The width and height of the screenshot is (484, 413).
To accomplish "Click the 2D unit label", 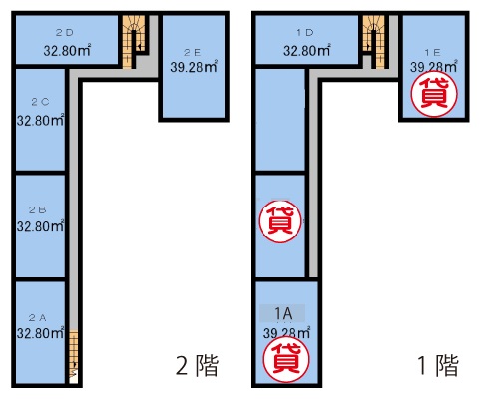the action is tap(65, 33).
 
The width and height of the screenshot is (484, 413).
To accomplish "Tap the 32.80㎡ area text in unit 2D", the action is tap(67, 50).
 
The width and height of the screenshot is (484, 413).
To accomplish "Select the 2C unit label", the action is tap(40, 102).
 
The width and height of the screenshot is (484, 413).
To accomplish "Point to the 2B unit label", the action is tap(37, 209).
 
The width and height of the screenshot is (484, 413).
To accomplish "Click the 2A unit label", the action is tap(37, 318).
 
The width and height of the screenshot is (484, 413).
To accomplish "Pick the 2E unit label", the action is tap(193, 52).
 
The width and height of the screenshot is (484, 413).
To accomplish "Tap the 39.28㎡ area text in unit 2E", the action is tap(194, 67).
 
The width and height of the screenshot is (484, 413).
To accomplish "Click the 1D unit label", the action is tap(305, 33).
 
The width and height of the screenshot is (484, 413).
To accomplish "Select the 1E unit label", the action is tap(432, 52).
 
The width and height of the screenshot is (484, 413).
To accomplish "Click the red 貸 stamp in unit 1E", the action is tap(434, 94).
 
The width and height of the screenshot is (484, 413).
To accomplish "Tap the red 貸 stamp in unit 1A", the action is tap(286, 359).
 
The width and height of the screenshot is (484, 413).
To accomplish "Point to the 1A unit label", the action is tap(283, 313).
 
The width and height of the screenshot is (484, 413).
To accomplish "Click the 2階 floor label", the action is tap(197, 365).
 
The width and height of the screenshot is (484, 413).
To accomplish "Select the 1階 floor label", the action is tap(438, 365).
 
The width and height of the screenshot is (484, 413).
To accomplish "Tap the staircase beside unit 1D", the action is tap(374, 42).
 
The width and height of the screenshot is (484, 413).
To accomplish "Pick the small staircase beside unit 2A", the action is tap(74, 357).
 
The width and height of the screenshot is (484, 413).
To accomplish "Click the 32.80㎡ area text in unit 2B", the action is tap(40, 226).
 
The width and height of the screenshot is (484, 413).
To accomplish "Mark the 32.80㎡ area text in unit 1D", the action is tap(307, 50).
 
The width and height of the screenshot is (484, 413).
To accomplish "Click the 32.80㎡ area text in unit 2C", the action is tap(40, 120).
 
